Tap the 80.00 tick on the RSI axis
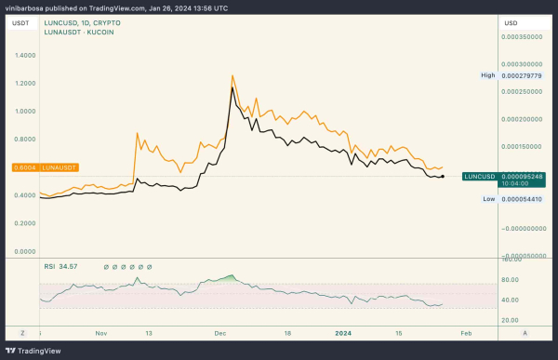pos(510,278)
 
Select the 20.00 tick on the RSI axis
pos(510,321)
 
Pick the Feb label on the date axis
pos(468,332)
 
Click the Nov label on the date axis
pos(101,332)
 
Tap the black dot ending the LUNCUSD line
pos(443,176)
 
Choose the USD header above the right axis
pos(511,22)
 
